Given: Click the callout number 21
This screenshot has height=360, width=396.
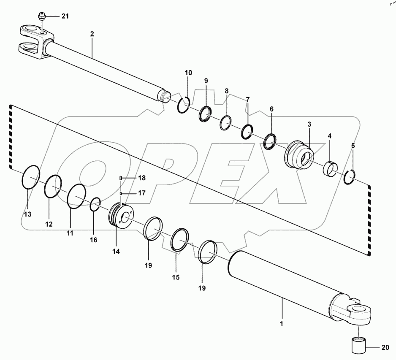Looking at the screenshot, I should point(65,16).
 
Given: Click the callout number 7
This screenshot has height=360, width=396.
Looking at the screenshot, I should point(248,100).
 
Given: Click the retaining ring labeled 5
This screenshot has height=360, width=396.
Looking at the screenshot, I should point(350,177).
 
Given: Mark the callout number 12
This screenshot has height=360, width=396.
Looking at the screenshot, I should point(49,224).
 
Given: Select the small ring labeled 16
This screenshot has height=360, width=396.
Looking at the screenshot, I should point(95,205).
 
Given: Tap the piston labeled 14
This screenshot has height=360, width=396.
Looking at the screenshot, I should point(120,216).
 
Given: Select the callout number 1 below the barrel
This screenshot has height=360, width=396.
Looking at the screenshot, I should point(282,325).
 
